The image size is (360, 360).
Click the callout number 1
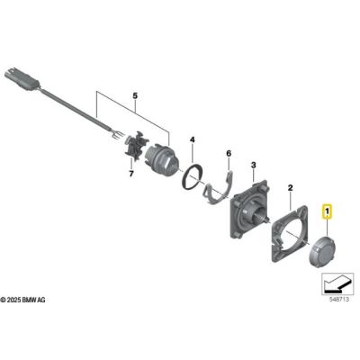pos(328,213)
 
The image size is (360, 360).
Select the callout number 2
pos(291,189)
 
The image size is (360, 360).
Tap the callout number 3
pos(254,166)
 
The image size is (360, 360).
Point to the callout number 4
pos(191,139)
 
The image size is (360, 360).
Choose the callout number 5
pos(137,94)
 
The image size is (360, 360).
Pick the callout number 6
pos(229,155)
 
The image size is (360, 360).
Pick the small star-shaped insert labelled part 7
pos(136,149)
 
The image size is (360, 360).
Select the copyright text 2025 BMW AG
pos(31,298)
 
